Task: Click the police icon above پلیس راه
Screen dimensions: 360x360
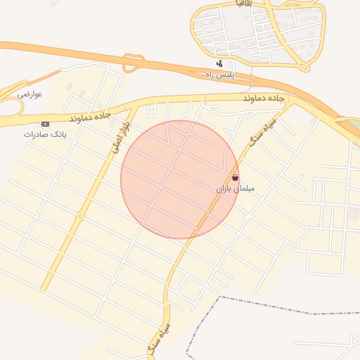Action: click(219, 64)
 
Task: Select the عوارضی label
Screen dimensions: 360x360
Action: click(31, 94)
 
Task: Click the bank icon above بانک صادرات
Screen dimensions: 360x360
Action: click(46, 124)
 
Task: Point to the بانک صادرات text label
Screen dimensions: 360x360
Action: click(39, 134)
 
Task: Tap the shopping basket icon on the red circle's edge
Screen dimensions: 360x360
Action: click(235, 177)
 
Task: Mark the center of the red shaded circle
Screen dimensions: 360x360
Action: click(179, 179)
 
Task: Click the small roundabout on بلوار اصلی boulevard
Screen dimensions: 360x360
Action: click(80, 215)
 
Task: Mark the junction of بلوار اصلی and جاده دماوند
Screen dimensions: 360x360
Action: click(132, 108)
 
